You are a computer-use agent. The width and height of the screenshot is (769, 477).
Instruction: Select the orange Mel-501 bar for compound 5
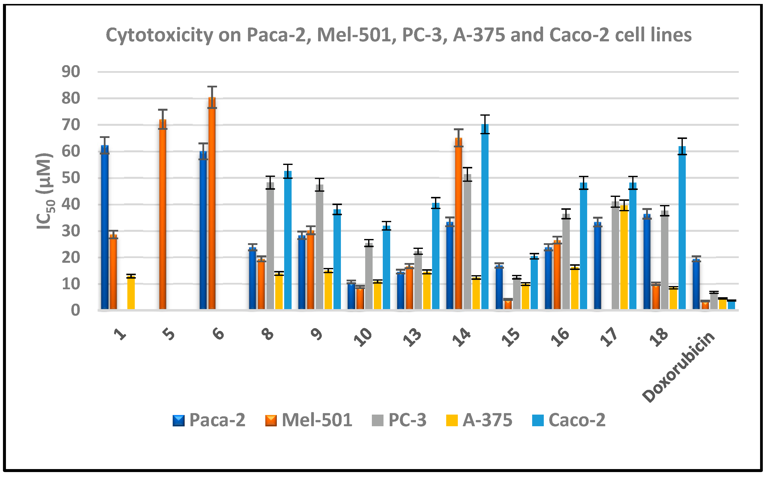coord(163,214)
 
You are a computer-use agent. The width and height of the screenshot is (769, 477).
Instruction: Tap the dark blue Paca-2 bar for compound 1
coord(105,227)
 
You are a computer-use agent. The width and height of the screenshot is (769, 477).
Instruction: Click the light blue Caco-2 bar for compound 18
coord(682,227)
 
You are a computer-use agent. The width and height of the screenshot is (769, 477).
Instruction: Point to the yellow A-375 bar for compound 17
coord(624,257)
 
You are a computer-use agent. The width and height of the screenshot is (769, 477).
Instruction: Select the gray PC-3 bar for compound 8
coord(270,246)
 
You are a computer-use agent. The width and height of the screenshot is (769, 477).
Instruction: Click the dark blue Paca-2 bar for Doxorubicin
coord(696,284)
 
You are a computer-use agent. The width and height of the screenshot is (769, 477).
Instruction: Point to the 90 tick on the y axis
coord(71,72)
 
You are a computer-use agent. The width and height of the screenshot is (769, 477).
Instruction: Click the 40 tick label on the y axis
coord(71,204)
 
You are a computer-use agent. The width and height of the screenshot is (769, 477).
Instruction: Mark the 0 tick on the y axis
coord(75,310)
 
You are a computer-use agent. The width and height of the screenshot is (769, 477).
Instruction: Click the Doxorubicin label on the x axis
coord(678,368)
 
